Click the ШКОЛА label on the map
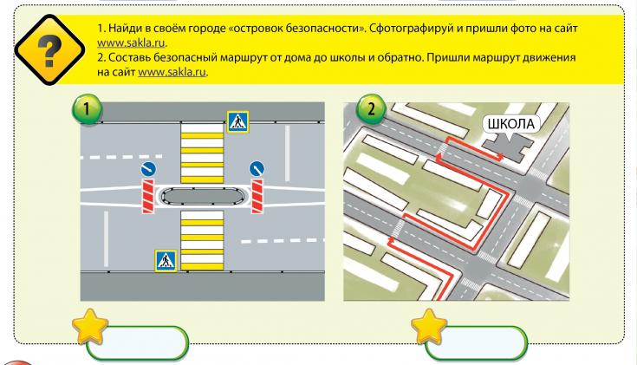click(511, 123)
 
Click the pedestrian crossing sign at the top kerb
click(237, 121)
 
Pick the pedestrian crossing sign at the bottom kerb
click(166, 259)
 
